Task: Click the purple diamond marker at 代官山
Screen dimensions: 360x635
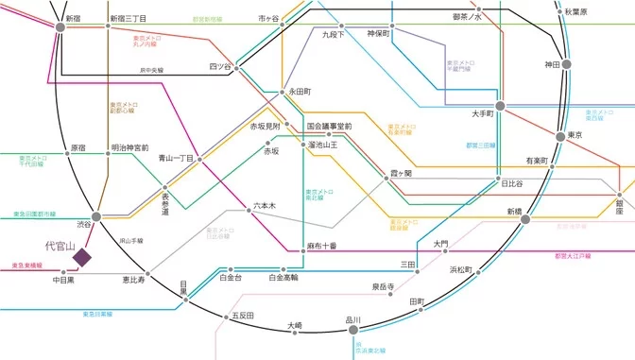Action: click(82, 255)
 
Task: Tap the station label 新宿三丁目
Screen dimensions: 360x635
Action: click(128, 18)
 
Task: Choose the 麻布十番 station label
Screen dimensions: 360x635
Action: click(321, 245)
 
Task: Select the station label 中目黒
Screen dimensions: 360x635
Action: click(65, 280)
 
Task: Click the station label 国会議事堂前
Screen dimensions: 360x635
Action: click(329, 126)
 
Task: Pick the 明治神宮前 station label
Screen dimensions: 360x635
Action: click(129, 147)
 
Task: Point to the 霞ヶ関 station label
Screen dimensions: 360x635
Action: click(403, 175)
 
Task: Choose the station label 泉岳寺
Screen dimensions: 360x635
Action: click(383, 284)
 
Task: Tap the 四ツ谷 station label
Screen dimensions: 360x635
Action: click(220, 66)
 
